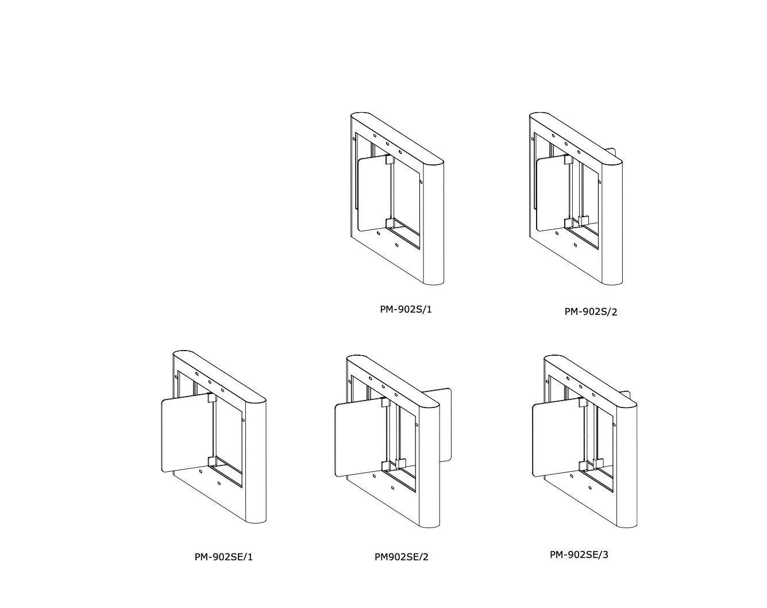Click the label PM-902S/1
[406, 309]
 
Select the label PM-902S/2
[591, 311]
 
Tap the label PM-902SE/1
[223, 557]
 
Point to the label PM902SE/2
[402, 557]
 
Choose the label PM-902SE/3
[579, 555]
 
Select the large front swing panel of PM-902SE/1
[186, 433]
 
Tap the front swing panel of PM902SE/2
[359, 437]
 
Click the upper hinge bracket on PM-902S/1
[390, 159]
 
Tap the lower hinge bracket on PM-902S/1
[390, 223]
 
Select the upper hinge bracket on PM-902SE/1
[211, 398]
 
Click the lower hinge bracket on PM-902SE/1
[211, 461]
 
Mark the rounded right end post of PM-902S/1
[434, 223]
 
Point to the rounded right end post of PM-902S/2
[612, 223]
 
